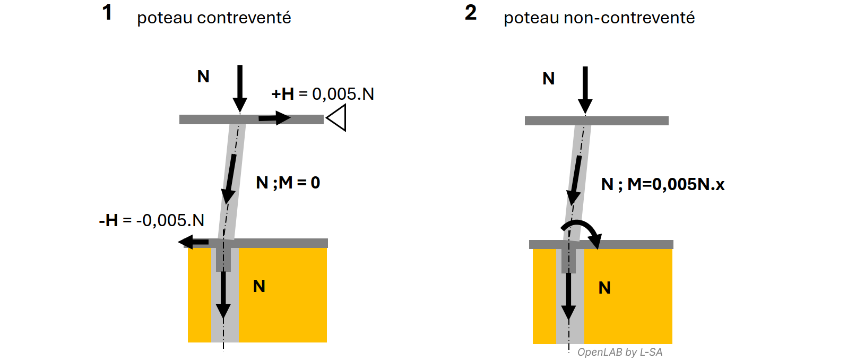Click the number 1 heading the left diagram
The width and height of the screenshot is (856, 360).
(107, 13)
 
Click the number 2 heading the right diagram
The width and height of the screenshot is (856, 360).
(471, 13)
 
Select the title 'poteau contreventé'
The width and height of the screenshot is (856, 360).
(214, 18)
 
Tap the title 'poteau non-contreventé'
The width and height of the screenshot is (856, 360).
(599, 18)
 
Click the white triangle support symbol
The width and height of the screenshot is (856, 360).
(337, 117)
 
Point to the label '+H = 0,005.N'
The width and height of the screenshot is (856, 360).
(323, 94)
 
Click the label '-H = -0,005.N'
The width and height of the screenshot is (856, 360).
(152, 220)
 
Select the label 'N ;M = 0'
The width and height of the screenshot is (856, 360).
(288, 183)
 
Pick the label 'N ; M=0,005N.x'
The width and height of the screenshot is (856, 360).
(663, 184)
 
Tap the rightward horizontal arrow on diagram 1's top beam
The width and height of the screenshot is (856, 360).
(274, 118)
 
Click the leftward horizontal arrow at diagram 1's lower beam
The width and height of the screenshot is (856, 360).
(193, 243)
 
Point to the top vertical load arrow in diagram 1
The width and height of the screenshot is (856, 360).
(240, 88)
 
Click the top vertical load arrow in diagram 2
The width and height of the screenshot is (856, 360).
(585, 89)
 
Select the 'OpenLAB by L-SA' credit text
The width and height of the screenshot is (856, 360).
(619, 352)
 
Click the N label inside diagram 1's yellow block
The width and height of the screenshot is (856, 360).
(259, 286)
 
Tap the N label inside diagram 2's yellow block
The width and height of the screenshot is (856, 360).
(604, 288)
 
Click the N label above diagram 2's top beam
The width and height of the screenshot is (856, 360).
(548, 79)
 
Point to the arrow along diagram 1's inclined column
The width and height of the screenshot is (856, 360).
(230, 179)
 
